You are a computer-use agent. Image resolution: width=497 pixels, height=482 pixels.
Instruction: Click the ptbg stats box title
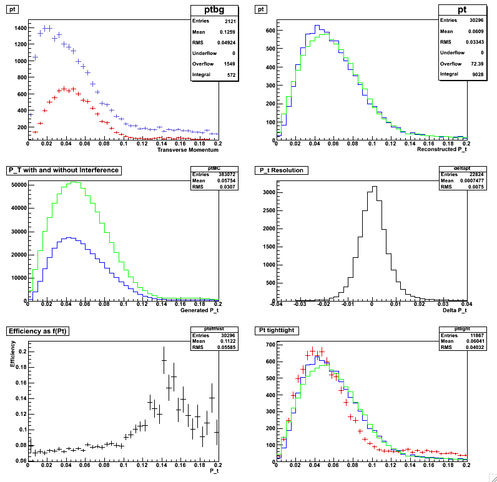pyautogui.click(x=216, y=11)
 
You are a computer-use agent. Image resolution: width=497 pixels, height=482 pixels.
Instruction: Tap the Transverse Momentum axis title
pyautogui.click(x=187, y=150)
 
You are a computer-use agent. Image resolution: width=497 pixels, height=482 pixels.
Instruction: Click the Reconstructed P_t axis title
pyautogui.click(x=441, y=149)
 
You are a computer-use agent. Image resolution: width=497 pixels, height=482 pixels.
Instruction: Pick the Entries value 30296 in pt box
pyautogui.click(x=476, y=21)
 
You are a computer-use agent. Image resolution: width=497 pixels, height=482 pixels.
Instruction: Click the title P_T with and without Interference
pyautogui.click(x=62, y=170)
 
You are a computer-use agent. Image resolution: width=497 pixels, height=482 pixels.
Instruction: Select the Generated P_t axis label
pyautogui.click(x=199, y=310)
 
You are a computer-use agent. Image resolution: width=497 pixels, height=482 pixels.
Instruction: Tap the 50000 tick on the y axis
pyautogui.click(x=15, y=185)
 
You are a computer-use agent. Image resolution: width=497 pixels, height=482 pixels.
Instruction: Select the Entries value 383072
pyautogui.click(x=209, y=175)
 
